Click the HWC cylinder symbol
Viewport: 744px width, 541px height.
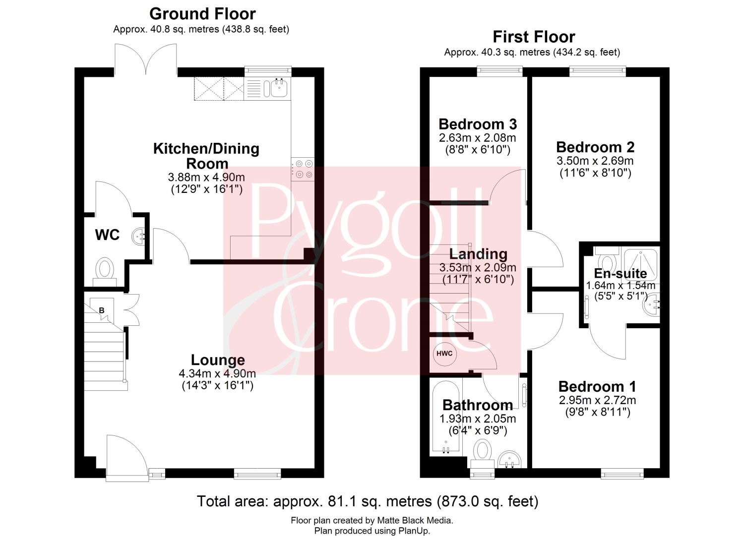pos(444,354)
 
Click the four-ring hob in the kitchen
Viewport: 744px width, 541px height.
pos(303,169)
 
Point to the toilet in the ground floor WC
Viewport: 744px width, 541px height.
pos(105,272)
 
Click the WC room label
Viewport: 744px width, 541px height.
pos(107,235)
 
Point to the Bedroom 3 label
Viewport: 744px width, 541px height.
pos(478,124)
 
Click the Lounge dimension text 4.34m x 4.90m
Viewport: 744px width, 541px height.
pos(217,373)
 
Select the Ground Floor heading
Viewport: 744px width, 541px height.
pos(202,13)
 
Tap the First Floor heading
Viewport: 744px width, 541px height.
pos(534,37)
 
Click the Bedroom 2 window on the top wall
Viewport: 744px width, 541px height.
pos(598,71)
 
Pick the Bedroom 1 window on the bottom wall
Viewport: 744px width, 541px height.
pos(622,474)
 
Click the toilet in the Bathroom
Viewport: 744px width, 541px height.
pos(482,454)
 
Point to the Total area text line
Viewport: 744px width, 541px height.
pos(368,501)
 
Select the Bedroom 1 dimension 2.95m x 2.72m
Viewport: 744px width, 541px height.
pos(597,400)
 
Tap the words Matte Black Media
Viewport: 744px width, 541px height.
pos(415,520)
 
